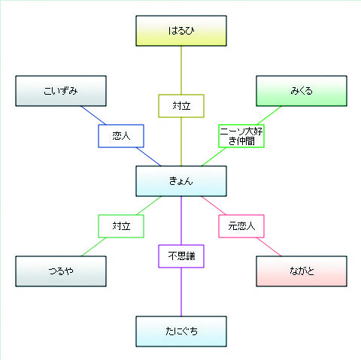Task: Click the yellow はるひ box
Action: [x=181, y=31]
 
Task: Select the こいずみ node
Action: [x=61, y=91]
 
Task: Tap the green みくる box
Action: [x=302, y=91]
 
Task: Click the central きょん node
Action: [x=181, y=181]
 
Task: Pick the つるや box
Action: [x=61, y=271]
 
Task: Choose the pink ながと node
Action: [x=302, y=271]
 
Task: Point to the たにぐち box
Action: [x=181, y=331]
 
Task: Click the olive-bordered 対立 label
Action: [x=181, y=106]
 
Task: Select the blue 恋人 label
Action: [x=121, y=136]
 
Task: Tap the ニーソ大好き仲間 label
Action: [x=241, y=136]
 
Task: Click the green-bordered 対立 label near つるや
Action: [x=121, y=226]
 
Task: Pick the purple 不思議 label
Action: [x=181, y=256]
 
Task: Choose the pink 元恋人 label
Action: [x=241, y=226]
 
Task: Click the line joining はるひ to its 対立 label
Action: [x=181, y=71]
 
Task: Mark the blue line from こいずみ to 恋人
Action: [x=93, y=115]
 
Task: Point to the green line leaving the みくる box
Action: [x=269, y=115]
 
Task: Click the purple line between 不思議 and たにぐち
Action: [x=181, y=292]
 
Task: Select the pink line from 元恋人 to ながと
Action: [x=268, y=247]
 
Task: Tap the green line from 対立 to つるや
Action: [x=93, y=247]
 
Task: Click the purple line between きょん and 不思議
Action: [x=181, y=221]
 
